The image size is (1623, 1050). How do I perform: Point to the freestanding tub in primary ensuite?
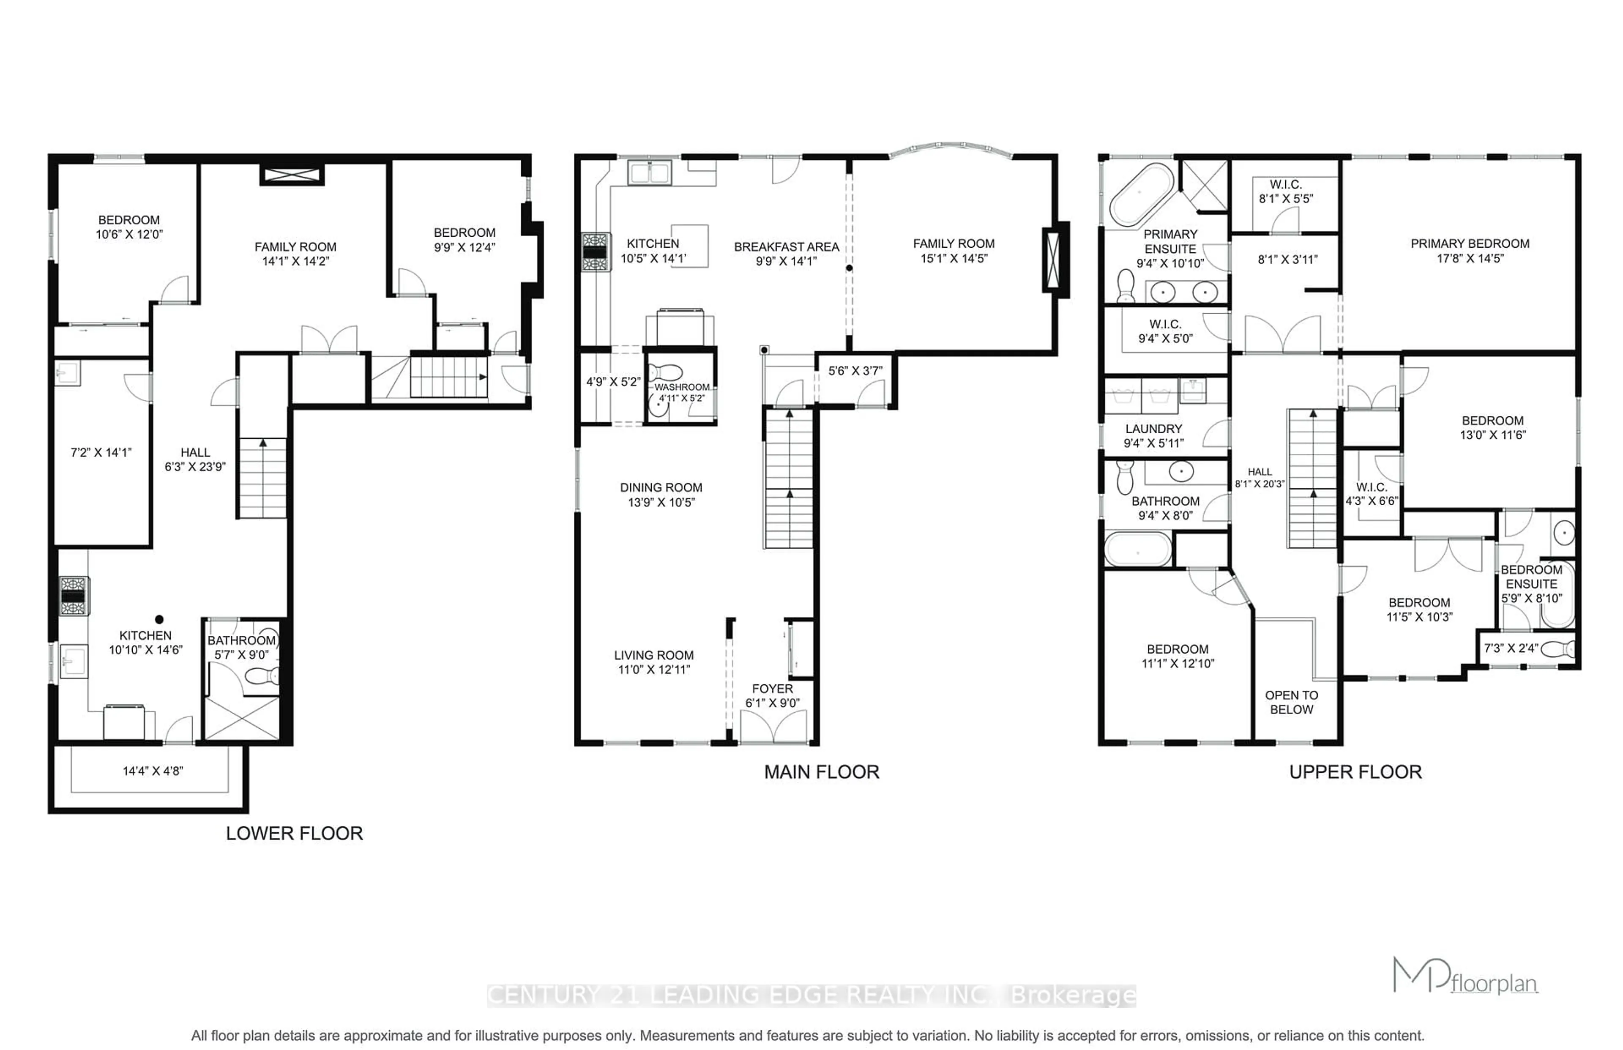tap(1140, 194)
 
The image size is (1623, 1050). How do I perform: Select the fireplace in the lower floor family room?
tap(292, 175)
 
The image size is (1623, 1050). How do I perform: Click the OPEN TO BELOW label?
tap(1291, 702)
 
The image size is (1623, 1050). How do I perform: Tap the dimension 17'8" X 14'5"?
tap(1469, 258)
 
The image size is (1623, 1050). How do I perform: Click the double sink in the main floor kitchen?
tap(650, 173)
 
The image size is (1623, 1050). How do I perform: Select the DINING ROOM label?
tap(661, 487)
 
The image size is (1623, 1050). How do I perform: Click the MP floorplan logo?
tap(1464, 977)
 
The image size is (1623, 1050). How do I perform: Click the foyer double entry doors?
tap(773, 727)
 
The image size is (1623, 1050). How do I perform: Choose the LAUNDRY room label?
tap(1153, 429)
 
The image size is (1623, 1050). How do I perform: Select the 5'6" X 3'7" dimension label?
tap(855, 371)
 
